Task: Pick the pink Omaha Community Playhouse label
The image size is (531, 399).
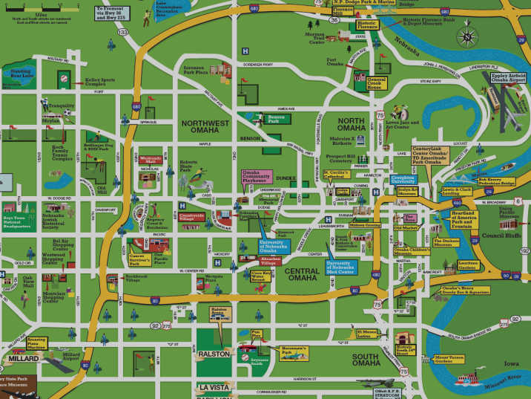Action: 256,177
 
